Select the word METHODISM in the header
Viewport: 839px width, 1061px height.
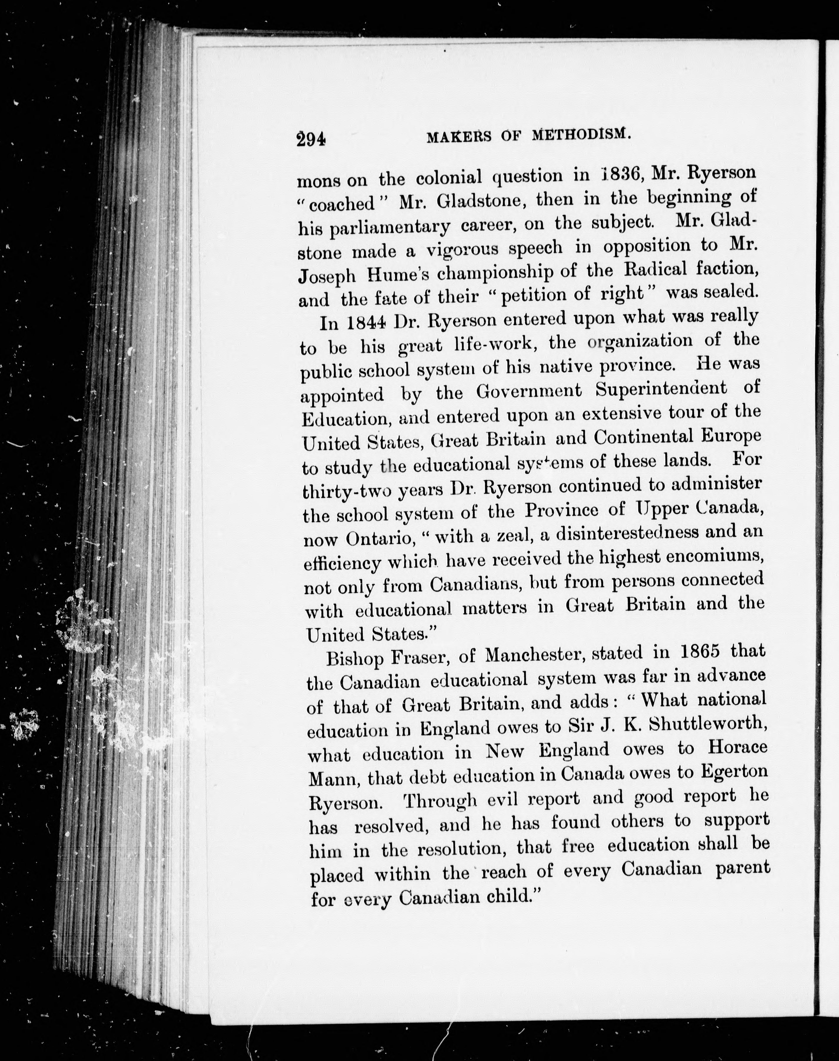pyautogui.click(x=581, y=134)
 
